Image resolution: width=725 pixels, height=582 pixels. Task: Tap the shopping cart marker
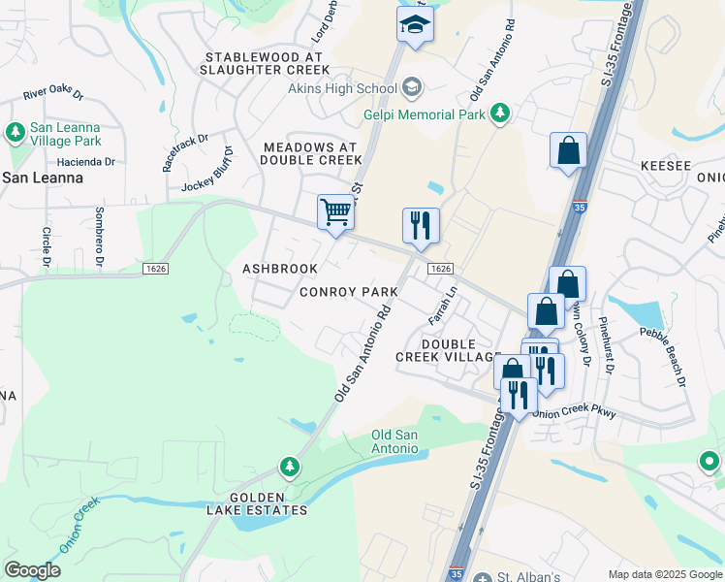335,211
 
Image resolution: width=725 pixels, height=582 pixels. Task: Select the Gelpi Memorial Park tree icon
500,113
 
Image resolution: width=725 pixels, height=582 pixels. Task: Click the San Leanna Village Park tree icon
15,131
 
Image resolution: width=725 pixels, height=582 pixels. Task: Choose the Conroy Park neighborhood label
348,292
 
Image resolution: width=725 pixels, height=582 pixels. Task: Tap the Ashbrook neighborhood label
279,269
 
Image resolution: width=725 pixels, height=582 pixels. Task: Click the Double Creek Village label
448,350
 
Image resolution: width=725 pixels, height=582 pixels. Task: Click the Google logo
32,570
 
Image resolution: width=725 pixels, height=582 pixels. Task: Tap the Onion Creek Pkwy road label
575,411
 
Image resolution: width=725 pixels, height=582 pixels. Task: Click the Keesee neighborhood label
664,167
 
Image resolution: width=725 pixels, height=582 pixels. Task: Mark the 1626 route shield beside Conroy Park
440,269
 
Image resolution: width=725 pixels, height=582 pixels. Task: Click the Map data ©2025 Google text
664,574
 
